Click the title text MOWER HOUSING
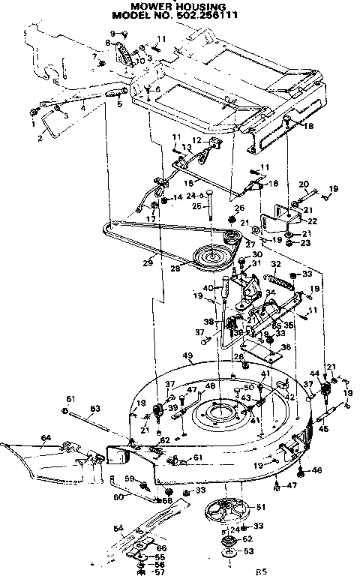pyautogui.click(x=178, y=6)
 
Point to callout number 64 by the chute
pyautogui.click(x=46, y=437)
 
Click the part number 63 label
pyautogui.click(x=94, y=409)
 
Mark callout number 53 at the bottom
pyautogui.click(x=249, y=551)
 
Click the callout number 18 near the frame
pyautogui.click(x=309, y=127)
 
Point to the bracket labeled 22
pyautogui.click(x=292, y=216)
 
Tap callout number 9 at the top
pyautogui.click(x=114, y=34)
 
